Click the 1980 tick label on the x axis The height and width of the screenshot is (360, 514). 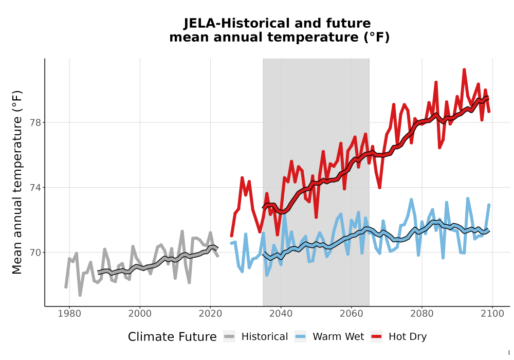coord(69,313)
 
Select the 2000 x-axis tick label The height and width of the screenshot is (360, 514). coord(140,313)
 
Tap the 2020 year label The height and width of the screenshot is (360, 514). coord(210,313)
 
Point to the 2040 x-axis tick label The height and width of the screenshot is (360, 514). coord(281,313)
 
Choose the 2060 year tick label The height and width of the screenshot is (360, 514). coord(352,313)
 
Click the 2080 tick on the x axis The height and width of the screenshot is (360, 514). coord(422,313)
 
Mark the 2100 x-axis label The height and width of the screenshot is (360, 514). coord(492,313)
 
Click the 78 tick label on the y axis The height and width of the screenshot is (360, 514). coord(35,122)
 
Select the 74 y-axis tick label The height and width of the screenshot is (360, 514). coord(35,188)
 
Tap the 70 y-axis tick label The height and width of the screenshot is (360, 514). coord(35,253)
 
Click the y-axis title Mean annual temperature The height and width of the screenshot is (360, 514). coord(17,182)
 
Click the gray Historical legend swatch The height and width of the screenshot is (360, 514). coord(229,336)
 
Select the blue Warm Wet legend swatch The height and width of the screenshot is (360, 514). coord(300,336)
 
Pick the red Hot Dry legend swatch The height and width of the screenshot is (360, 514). coord(376,336)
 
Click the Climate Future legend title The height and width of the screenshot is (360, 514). coord(172,337)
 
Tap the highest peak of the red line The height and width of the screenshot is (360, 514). coord(464,69)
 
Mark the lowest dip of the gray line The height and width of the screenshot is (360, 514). coord(80,295)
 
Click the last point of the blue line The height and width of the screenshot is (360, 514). coord(489,205)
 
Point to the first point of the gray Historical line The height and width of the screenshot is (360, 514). coord(66,287)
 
